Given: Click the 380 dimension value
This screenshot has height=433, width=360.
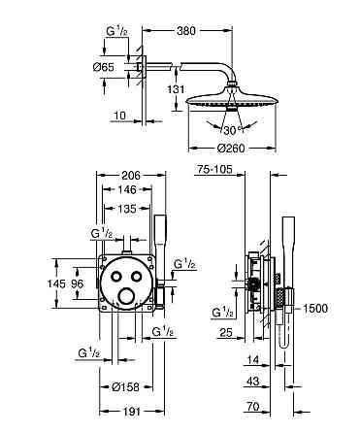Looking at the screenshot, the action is click(x=186, y=31).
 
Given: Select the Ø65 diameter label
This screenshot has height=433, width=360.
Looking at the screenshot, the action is click(x=103, y=67).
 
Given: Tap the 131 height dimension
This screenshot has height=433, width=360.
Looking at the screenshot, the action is click(x=176, y=89).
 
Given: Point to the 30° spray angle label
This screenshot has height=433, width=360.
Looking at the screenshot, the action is click(x=233, y=130).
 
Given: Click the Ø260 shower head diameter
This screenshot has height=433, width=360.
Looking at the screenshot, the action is click(x=232, y=149).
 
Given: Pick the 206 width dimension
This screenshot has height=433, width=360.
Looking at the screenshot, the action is click(x=131, y=175).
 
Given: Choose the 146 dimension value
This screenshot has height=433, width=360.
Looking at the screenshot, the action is click(x=127, y=189).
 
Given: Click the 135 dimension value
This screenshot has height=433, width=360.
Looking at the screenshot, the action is click(x=127, y=209).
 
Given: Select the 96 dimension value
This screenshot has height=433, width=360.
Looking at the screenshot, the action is click(x=78, y=283).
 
